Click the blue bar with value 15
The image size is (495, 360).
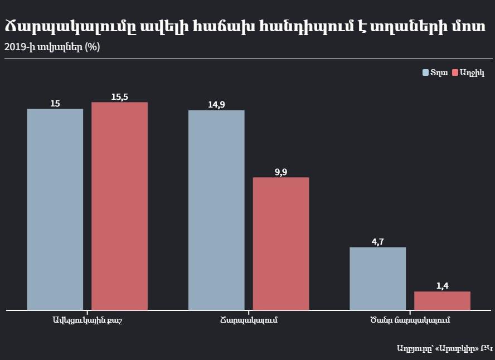55,209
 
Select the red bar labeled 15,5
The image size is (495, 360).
119,206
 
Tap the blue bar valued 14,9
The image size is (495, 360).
216,210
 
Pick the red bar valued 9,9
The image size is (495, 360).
281,244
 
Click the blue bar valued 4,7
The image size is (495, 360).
377,278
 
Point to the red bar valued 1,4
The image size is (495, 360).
442,300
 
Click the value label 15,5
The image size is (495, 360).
119,97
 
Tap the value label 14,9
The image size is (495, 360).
216,105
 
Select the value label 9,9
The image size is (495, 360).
281,172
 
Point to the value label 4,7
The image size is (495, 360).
377,242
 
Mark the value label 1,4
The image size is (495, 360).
442,286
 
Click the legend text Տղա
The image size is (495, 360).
439,73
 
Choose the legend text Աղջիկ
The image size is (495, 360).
472,73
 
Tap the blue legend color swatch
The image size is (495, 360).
425,73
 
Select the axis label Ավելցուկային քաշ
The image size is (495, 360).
87,320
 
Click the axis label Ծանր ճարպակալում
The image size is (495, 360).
410,320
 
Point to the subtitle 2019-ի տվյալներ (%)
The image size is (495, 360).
52,47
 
